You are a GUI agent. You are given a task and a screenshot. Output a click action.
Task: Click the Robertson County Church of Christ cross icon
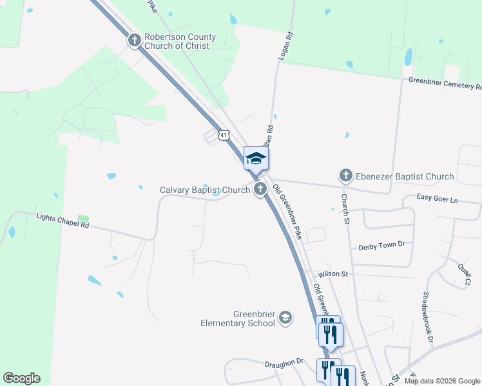[x=135, y=41]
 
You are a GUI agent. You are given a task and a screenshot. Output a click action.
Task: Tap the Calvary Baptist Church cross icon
[x=260, y=189]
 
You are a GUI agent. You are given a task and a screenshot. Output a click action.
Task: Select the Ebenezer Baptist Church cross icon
[x=346, y=176]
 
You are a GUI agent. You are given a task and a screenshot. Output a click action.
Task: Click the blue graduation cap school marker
[x=256, y=158]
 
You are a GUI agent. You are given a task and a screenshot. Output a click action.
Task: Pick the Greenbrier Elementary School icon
[x=285, y=318]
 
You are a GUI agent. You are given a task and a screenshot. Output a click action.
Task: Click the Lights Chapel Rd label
[x=63, y=221]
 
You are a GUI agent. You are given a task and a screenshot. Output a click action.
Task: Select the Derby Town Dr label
[x=381, y=245]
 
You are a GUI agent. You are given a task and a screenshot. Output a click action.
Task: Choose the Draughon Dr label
[x=284, y=363]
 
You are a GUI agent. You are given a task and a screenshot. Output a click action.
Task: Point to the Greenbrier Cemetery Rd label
[x=445, y=83]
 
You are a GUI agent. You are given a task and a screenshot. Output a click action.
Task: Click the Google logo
[x=21, y=378]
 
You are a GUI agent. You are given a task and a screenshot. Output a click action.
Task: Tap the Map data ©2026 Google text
[x=441, y=381]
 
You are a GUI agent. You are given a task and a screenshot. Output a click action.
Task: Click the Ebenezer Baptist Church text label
[x=405, y=176]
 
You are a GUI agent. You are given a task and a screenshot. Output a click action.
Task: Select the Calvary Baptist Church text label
[x=205, y=190]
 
